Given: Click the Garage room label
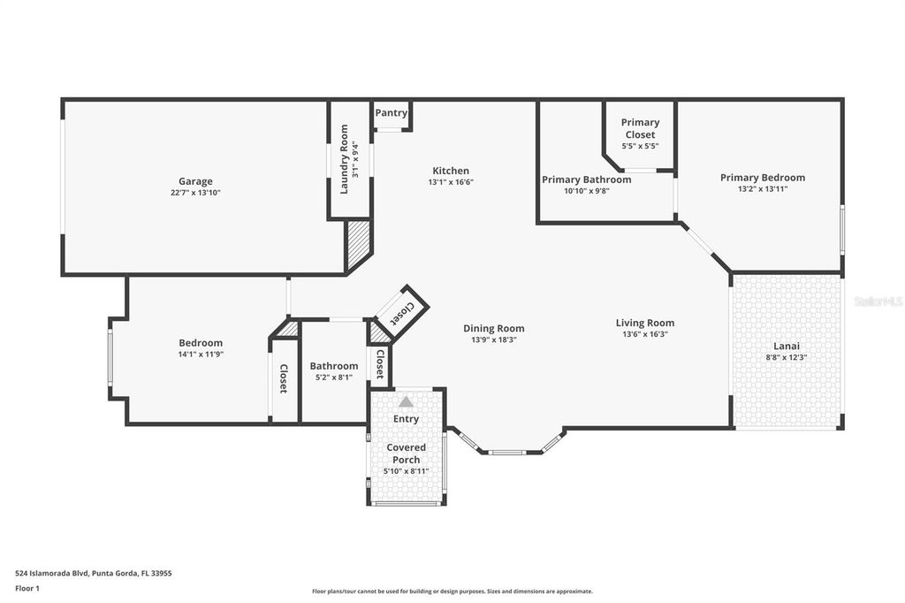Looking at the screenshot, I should pyautogui.click(x=195, y=181).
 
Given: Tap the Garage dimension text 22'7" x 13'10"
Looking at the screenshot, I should pyautogui.click(x=195, y=193).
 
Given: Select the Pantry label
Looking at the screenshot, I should pyautogui.click(x=392, y=113).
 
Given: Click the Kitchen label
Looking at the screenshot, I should pyautogui.click(x=451, y=171).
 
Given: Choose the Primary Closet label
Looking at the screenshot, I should pyautogui.click(x=640, y=128).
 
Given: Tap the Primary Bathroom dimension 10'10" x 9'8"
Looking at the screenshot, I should pyautogui.click(x=587, y=191).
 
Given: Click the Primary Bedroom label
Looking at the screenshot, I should pyautogui.click(x=762, y=177).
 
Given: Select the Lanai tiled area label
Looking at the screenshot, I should pyautogui.click(x=786, y=346).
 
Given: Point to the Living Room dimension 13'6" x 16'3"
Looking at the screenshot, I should pyautogui.click(x=645, y=334).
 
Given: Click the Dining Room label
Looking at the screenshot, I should pyautogui.click(x=494, y=328).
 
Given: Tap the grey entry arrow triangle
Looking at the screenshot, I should pyautogui.click(x=406, y=401).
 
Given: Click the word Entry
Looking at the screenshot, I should pyautogui.click(x=406, y=419).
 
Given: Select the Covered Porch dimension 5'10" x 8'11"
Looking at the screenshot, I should pyautogui.click(x=406, y=471).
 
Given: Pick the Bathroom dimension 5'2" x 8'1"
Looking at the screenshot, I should pyautogui.click(x=334, y=378).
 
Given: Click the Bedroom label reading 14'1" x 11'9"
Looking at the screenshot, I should pyautogui.click(x=201, y=354).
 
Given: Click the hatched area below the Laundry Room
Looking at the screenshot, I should pyautogui.click(x=357, y=246).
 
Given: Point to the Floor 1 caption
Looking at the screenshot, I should pyautogui.click(x=29, y=587).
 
